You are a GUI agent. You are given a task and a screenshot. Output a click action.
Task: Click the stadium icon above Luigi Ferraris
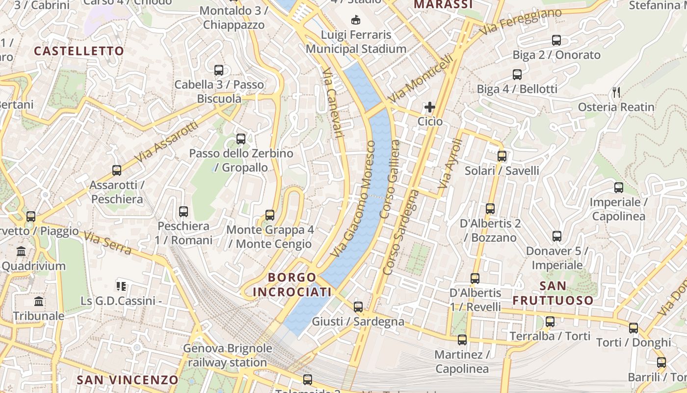point(356,20)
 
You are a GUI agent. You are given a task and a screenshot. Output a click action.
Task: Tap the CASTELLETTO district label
point(79,51)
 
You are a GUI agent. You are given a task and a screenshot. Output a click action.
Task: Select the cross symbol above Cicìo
point(430,107)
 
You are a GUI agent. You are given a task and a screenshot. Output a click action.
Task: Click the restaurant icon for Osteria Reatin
point(617,92)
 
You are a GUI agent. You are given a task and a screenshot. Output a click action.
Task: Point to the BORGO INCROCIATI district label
point(292,285)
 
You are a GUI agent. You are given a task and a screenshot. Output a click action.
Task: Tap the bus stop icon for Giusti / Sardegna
point(358,307)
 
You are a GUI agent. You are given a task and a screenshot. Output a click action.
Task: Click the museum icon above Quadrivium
point(21,252)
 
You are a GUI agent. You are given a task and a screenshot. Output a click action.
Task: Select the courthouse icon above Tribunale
point(39,301)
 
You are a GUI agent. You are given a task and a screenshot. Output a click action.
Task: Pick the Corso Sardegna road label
point(400,232)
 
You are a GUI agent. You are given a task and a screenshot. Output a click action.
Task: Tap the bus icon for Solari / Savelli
point(502,156)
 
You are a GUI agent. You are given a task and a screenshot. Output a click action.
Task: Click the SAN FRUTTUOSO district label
point(553,293)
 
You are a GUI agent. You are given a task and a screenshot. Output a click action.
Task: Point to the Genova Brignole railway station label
point(227,356)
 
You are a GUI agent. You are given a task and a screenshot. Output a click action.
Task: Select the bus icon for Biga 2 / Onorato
point(556,40)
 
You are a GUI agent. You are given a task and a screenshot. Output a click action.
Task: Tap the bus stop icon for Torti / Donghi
point(634,328)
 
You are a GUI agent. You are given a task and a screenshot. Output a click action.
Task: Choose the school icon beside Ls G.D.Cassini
point(121,286)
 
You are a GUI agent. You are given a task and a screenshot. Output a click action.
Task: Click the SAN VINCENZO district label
point(128,380)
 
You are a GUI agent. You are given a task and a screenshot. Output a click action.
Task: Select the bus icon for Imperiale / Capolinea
point(618,188)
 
